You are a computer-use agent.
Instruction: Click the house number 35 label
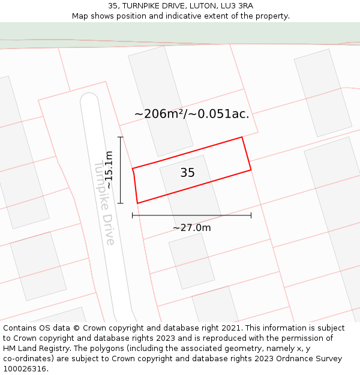(187, 173)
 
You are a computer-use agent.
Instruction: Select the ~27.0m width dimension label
(192, 228)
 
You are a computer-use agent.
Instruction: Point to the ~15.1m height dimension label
(109, 170)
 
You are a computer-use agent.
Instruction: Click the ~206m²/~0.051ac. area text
(191, 113)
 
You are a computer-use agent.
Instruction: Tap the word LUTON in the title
(191, 6)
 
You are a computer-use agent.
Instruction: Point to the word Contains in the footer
(20, 328)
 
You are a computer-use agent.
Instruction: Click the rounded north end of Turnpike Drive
(89, 98)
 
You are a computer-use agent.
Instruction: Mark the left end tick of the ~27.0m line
(133, 215)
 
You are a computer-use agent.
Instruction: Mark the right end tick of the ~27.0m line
(251, 215)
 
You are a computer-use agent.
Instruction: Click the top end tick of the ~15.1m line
(121, 137)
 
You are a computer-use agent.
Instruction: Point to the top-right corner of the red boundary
(242, 137)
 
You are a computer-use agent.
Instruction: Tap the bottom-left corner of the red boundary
(137, 203)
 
